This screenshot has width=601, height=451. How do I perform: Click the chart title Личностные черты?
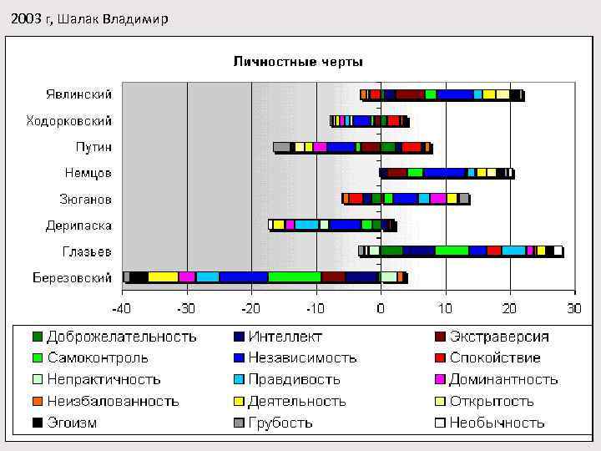click(298, 62)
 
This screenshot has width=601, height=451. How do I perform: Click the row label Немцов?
click(88, 173)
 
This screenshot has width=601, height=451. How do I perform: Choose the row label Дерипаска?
click(78, 225)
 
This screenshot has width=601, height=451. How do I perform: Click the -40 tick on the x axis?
click(122, 308)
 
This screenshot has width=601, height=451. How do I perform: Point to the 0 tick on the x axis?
click(381, 308)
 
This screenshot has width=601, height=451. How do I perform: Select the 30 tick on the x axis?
click(574, 308)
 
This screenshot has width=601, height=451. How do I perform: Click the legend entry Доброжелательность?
click(122, 337)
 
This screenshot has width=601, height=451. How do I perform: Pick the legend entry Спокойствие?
click(495, 358)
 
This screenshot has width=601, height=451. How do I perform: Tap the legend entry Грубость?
click(280, 423)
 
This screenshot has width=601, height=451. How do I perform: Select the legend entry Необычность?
click(497, 423)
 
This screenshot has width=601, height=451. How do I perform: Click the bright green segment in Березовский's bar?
click(294, 277)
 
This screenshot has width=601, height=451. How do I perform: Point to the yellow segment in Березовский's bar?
click(163, 277)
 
